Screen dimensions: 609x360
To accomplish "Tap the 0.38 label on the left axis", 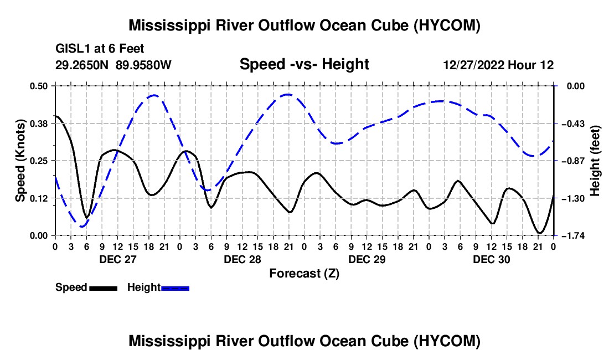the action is tap(39, 124).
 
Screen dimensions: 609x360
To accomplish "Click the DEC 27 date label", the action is tap(118, 259).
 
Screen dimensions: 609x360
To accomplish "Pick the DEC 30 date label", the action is tap(491, 259).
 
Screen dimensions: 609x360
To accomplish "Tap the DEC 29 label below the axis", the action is tap(367, 259).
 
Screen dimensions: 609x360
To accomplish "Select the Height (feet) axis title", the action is tap(595, 161).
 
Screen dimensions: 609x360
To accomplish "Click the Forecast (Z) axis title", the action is tap(304, 274).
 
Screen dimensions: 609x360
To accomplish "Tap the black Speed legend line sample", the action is tap(104, 289).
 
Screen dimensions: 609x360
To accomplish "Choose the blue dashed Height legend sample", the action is tap(175, 289).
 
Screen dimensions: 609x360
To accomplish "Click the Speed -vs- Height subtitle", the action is tap(304, 64).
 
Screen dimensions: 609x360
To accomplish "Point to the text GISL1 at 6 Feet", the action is tap(100, 49).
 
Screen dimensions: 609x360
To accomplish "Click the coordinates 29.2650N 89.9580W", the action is tap(113, 65).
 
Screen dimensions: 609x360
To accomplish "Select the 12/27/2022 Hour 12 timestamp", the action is tap(498, 65).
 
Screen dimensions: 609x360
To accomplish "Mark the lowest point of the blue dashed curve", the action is tap(82, 227).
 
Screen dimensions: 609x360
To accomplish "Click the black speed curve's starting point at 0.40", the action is tap(56, 116).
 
